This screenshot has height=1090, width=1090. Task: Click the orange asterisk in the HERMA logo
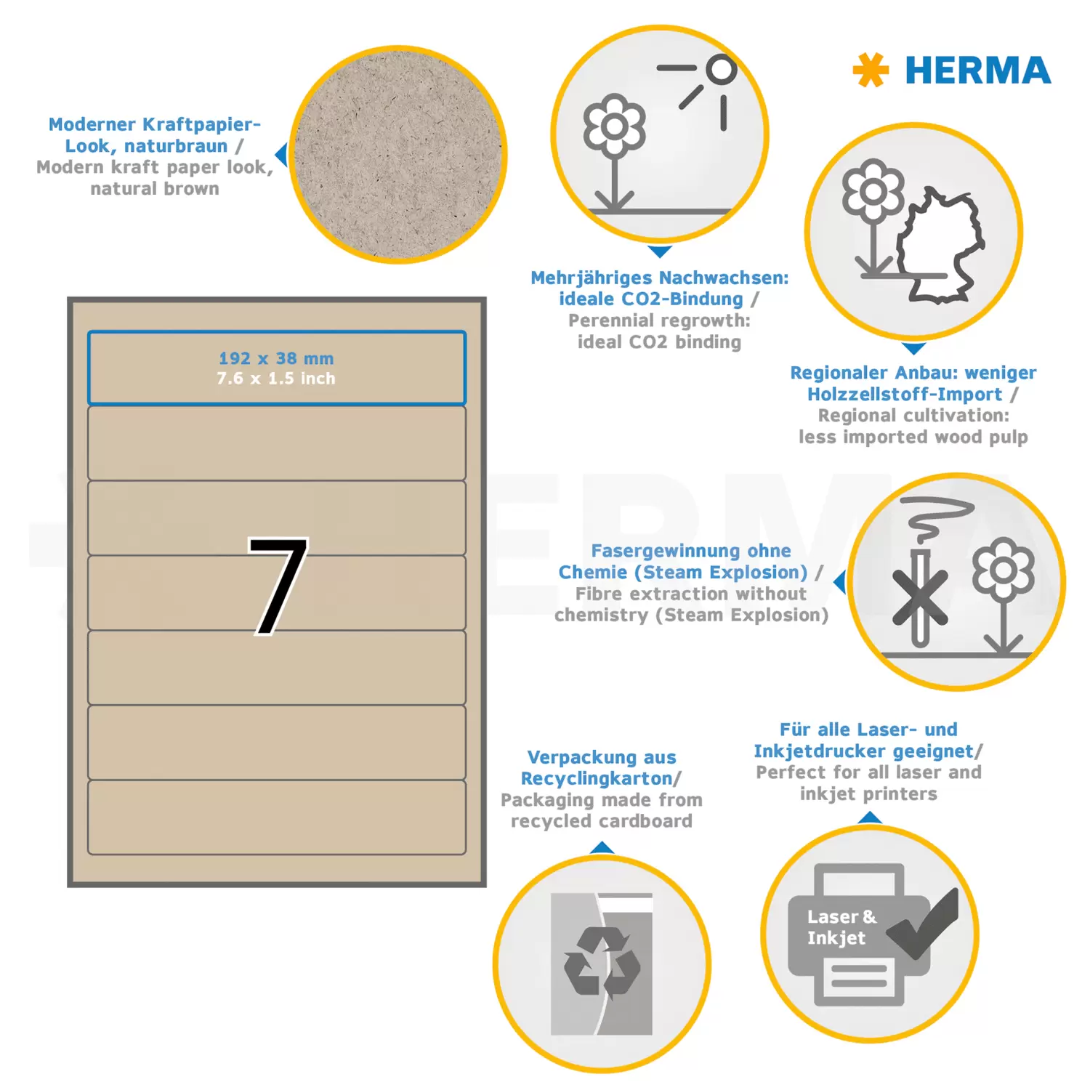coord(870,70)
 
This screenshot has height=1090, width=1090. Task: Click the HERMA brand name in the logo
coord(978,70)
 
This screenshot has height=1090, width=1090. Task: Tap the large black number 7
coord(278,586)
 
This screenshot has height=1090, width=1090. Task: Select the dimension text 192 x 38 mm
coord(276,358)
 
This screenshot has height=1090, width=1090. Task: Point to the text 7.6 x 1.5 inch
coord(276,379)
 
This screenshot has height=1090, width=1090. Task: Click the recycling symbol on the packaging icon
coord(602,961)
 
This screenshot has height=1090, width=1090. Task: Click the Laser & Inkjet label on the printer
coord(841,927)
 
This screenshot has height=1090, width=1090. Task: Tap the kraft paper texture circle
coord(398,155)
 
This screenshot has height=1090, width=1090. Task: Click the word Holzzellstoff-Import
coord(905,394)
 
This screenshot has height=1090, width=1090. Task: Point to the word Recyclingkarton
coord(597,778)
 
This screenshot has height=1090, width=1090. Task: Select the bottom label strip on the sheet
coord(277,817)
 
